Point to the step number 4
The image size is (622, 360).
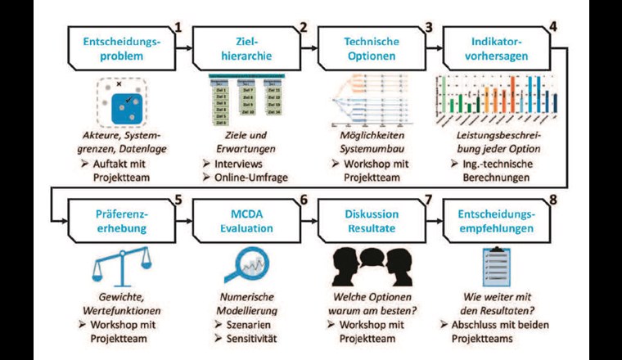point(552,25)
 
